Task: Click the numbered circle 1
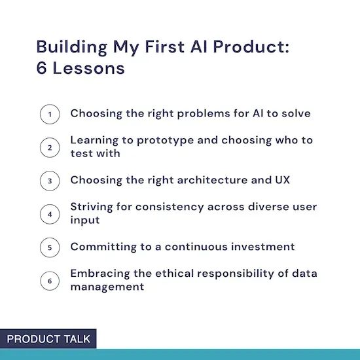pos(50,114)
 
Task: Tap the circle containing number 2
pos(50,147)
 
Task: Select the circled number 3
pos(50,181)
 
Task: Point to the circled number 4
pos(50,214)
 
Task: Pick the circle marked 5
pos(50,247)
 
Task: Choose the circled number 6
pos(50,281)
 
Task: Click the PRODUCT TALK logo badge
pos(48,339)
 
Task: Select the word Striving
pos(92,207)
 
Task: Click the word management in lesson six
pos(107,287)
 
